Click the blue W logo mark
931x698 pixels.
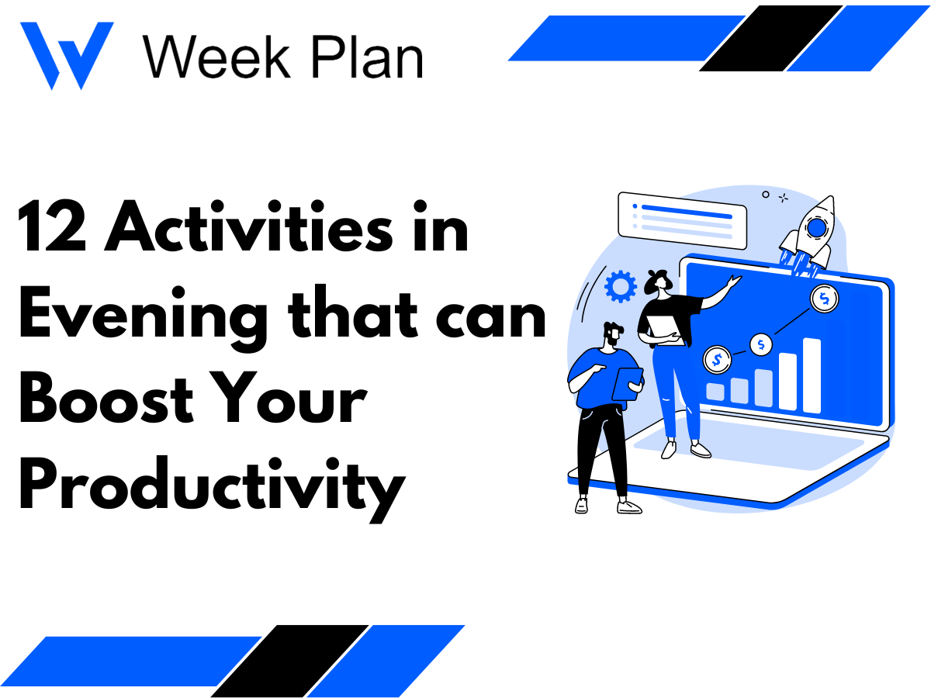tap(66, 54)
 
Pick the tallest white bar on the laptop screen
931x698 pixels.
tap(812, 375)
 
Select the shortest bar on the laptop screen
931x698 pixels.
tap(715, 392)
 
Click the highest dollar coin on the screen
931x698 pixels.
tap(824, 297)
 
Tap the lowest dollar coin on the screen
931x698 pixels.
tap(716, 359)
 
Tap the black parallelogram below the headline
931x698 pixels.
tap(289, 661)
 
